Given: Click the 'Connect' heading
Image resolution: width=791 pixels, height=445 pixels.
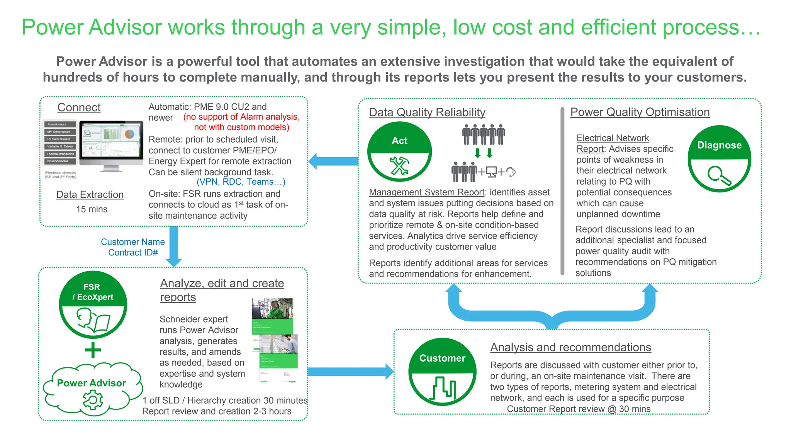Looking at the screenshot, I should [x=79, y=107].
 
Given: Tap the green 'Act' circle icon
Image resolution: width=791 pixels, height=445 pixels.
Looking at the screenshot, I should [x=399, y=151].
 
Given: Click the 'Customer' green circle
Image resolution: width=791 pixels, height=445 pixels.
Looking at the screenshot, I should [x=442, y=372].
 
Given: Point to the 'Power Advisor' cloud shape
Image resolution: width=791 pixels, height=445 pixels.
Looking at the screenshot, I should [x=92, y=388].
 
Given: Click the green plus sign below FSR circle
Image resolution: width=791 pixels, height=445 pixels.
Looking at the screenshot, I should [x=93, y=350].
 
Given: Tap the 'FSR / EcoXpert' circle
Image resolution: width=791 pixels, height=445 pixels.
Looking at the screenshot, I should [x=93, y=304].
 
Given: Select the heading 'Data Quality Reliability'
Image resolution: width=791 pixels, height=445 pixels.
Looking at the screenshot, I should [x=427, y=112].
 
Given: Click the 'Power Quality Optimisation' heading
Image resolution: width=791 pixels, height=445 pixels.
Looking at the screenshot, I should [x=640, y=112].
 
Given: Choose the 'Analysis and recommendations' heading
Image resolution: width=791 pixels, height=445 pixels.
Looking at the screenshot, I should [x=570, y=347].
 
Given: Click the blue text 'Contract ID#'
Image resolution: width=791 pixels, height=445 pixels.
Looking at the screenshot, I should [x=133, y=253].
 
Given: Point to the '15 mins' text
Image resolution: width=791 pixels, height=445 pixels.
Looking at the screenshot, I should [x=92, y=209].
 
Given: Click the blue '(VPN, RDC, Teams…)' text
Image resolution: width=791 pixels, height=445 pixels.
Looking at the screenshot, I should [x=241, y=182].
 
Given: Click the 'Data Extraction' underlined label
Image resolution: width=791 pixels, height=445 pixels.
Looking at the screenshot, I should [x=90, y=195].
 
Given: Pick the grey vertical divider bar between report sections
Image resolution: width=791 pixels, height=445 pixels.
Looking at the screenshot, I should [x=562, y=191].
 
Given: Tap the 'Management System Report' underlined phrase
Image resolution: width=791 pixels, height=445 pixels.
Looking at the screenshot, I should [x=426, y=192].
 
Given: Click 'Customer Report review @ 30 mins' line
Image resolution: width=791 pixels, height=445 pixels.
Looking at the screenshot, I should [x=579, y=409].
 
